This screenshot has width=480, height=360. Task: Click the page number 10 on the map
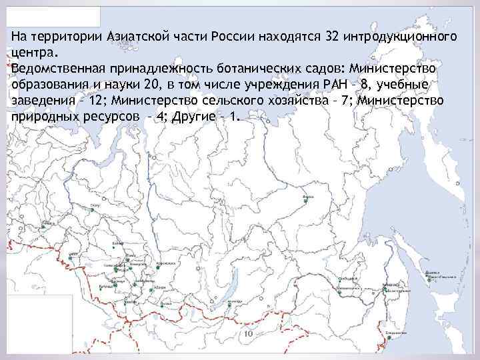(x=248, y=333)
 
